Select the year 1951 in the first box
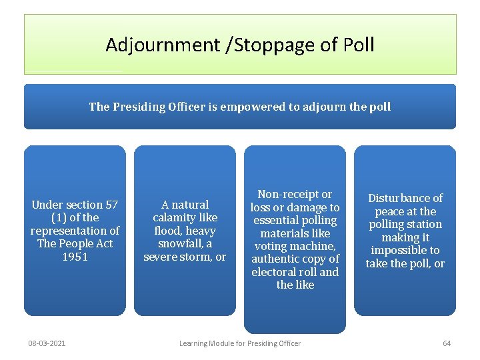tap(75, 257)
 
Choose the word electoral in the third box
tap(275, 272)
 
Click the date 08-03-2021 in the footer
tap(47, 343)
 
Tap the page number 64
tap(447, 343)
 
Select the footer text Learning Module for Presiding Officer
tap(240, 343)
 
